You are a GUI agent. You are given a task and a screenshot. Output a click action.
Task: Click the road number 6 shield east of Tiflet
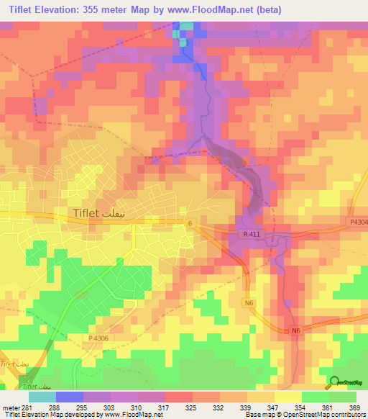point(190,225)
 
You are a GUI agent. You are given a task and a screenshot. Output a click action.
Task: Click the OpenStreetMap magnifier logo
point(334,382)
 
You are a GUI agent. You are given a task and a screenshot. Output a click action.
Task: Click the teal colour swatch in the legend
point(42,397)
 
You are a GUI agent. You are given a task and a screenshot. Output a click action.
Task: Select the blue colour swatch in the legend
point(70,397)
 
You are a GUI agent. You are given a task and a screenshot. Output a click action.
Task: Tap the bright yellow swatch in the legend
point(287,397)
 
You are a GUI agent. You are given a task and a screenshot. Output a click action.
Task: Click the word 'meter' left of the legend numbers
point(9,407)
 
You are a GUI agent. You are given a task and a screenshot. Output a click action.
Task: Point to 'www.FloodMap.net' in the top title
point(208,9)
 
